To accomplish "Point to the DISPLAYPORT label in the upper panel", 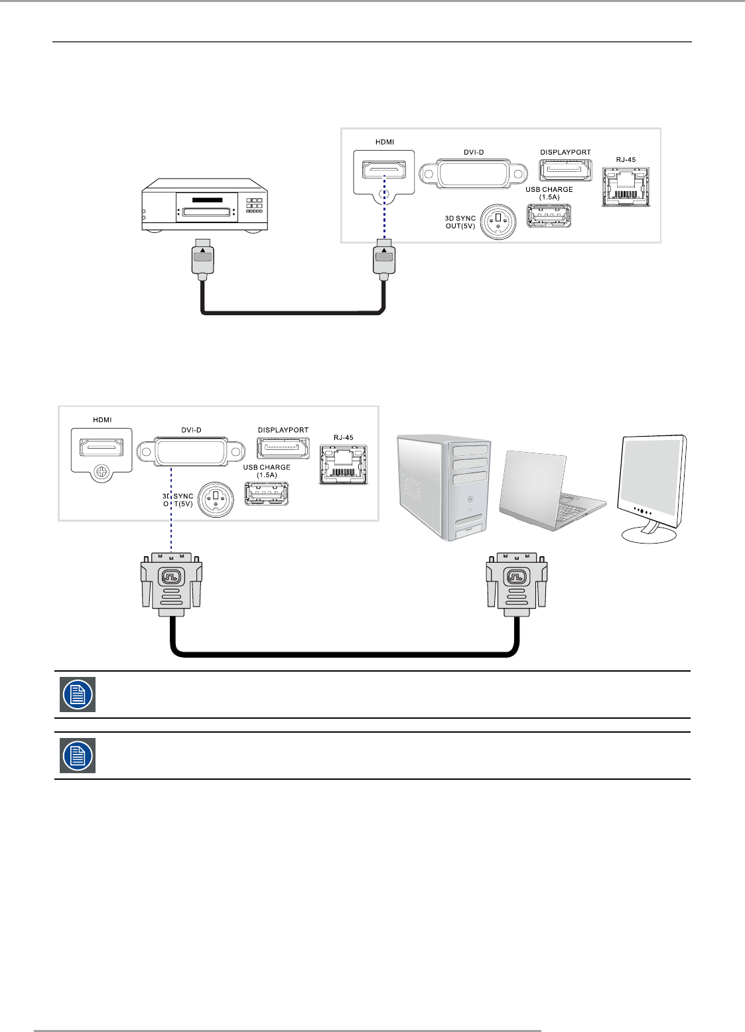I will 565,153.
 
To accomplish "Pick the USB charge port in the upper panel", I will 549,216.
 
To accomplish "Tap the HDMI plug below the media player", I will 202,259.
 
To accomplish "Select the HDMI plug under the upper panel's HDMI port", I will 384,259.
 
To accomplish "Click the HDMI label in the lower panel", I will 102,419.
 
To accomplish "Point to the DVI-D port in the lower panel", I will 191,453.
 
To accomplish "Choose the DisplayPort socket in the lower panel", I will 283,447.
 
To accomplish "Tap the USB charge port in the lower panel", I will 267,493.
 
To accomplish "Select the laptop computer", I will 552,492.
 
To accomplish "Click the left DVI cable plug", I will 171,581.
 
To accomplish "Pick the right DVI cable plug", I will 517,581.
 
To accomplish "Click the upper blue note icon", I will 78,694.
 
